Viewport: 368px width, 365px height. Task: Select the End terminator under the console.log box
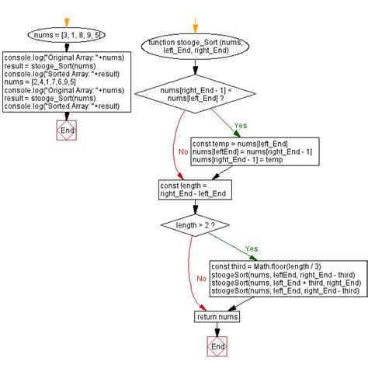click(67, 130)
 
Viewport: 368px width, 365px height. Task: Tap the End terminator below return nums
click(217, 347)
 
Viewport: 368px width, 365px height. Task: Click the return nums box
click(217, 317)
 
